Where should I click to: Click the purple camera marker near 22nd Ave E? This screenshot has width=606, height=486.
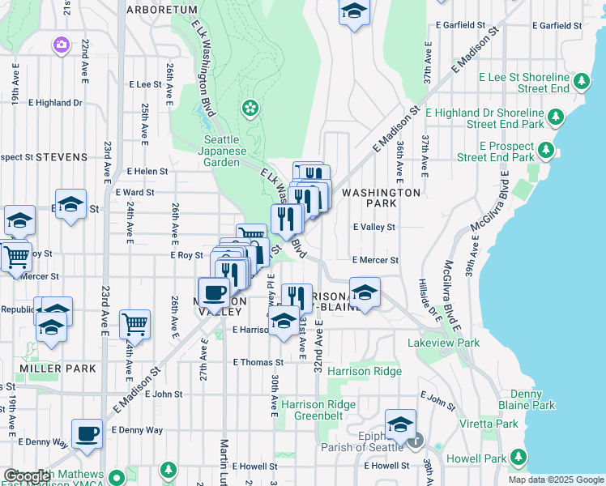point(62,45)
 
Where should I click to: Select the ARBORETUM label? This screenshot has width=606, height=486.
point(162,10)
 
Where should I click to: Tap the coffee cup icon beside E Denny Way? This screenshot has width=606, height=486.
point(87,433)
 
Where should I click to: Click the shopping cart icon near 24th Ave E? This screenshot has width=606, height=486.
point(134,324)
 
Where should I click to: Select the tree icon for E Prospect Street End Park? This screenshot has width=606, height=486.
point(546,151)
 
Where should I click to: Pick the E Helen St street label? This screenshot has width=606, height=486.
point(147,172)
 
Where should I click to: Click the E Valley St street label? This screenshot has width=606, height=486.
point(373,228)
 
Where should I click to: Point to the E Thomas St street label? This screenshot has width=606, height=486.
point(258,363)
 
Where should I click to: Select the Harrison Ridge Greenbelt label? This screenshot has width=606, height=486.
point(318,411)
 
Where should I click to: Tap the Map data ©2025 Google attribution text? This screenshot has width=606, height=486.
point(555,480)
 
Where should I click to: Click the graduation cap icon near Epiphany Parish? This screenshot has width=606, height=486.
point(400,424)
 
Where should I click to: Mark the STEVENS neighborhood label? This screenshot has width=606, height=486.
point(62,156)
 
